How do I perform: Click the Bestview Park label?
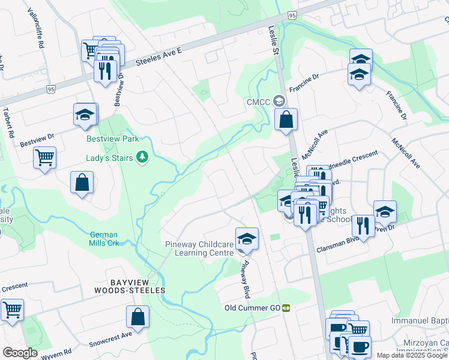pyautogui.click(x=113, y=139)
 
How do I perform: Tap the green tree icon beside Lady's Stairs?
pyautogui.click(x=142, y=157)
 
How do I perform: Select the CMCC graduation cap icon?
pyautogui.click(x=279, y=101)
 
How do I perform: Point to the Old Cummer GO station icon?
pyautogui.click(x=287, y=308)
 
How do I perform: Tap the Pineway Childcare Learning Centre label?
pyautogui.click(x=199, y=248)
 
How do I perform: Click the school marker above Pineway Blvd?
pyautogui.click(x=246, y=239)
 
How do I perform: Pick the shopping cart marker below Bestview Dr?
pyautogui.click(x=45, y=158)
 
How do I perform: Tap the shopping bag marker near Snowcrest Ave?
pyautogui.click(x=138, y=317)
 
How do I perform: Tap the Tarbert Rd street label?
pyautogui.click(x=8, y=123)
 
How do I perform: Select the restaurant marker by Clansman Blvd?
pyautogui.click(x=363, y=226)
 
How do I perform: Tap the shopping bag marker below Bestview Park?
pyautogui.click(x=82, y=183)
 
